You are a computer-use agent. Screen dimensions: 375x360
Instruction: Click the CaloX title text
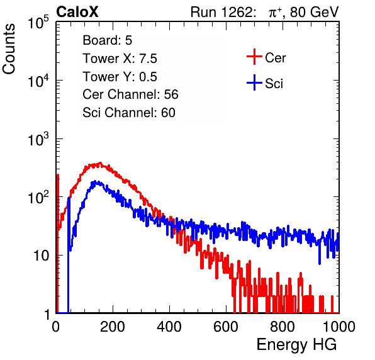(x=77, y=12)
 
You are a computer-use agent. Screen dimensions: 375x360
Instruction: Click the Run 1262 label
(x=221, y=12)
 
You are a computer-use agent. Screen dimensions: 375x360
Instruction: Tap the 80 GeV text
(x=314, y=12)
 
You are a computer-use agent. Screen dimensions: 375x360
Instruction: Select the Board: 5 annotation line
(x=108, y=40)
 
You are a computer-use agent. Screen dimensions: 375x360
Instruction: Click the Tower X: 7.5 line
(x=120, y=59)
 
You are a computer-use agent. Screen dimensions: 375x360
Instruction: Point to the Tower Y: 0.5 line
(x=120, y=77)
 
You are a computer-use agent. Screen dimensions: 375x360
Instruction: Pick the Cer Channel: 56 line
(x=130, y=94)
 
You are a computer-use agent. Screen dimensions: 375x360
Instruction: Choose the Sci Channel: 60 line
(x=129, y=113)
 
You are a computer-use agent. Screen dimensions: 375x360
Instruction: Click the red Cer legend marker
(x=254, y=57)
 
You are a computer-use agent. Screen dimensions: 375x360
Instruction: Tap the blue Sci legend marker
(x=254, y=82)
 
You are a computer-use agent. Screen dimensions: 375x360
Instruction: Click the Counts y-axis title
(x=9, y=49)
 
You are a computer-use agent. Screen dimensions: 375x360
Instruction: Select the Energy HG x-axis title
(x=296, y=344)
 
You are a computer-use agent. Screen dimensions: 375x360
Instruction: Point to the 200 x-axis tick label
(x=113, y=327)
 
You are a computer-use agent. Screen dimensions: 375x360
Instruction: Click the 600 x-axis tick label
(x=226, y=327)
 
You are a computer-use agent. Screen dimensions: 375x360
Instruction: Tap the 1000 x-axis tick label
(x=339, y=327)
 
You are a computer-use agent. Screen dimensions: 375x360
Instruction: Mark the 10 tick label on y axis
(x=42, y=256)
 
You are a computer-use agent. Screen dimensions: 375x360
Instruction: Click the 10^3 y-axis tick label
(x=38, y=138)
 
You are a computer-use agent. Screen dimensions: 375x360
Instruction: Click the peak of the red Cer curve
(x=100, y=162)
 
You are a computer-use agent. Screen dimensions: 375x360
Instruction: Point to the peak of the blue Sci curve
(x=95, y=181)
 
